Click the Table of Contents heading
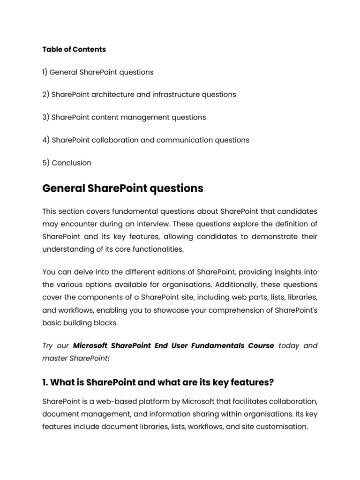point(74,49)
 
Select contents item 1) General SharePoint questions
point(98,72)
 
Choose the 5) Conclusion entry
point(67,163)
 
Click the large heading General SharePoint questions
point(123,188)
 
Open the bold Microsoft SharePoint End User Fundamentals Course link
point(173,346)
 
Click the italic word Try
point(48,346)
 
